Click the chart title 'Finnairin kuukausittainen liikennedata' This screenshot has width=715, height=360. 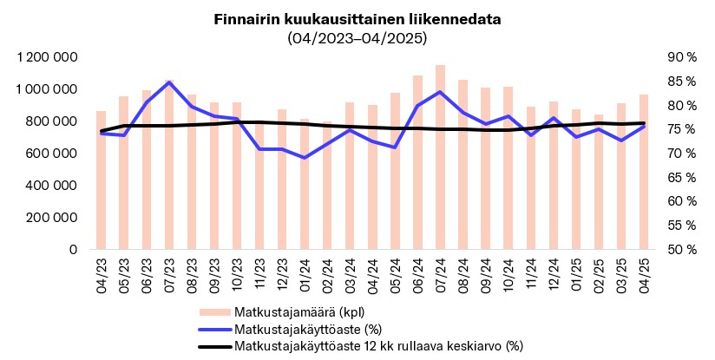(357, 19)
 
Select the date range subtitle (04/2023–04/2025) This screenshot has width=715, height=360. (357, 38)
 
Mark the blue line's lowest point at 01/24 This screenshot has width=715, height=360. (305, 158)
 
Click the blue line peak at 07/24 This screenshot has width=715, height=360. (440, 92)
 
